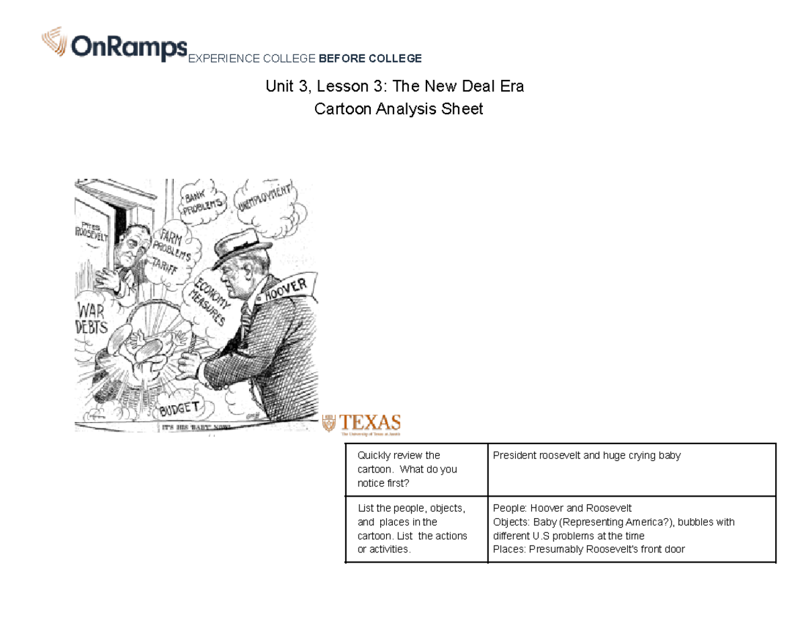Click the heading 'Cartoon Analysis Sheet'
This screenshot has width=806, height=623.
pos(398,109)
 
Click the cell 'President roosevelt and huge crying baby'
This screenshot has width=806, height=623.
pos(586,456)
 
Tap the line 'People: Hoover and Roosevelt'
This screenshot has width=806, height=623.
pos(562,508)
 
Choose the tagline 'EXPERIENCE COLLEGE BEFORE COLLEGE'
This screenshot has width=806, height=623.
pos(305,58)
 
